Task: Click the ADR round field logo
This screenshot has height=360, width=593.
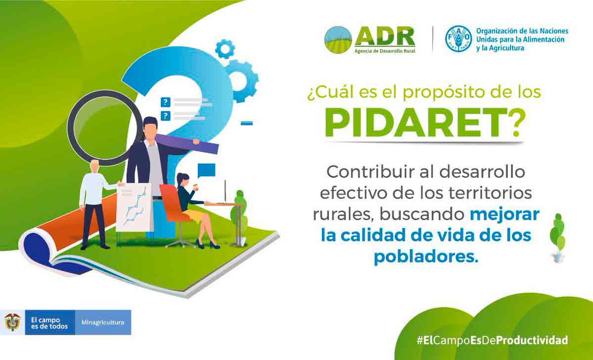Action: point(338,40)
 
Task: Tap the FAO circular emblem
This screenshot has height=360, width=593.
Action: point(458,39)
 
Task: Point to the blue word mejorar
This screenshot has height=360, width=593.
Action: point(504,214)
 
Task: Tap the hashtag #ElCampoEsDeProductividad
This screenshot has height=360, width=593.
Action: point(492,340)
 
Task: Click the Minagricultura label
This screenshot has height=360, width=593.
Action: point(103,322)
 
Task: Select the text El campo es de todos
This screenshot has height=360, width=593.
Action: point(49,323)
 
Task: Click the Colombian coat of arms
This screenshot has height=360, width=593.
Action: point(12,322)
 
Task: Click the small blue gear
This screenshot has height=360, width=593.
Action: point(225,48)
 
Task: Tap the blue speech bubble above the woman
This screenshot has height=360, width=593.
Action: point(207,171)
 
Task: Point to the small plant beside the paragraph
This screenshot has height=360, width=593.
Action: point(557,237)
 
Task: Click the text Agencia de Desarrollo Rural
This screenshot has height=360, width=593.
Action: point(385,50)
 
